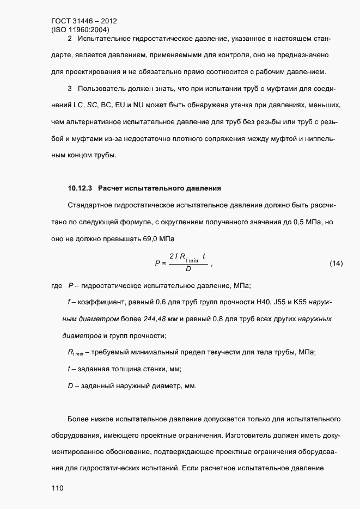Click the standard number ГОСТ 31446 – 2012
[80, 22]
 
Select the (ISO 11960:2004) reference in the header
[81, 30]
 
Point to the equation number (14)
[336, 263]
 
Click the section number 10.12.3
[80, 188]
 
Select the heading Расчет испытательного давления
[160, 188]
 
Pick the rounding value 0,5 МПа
[301, 222]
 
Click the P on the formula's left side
[158, 263]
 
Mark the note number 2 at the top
[69, 39]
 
